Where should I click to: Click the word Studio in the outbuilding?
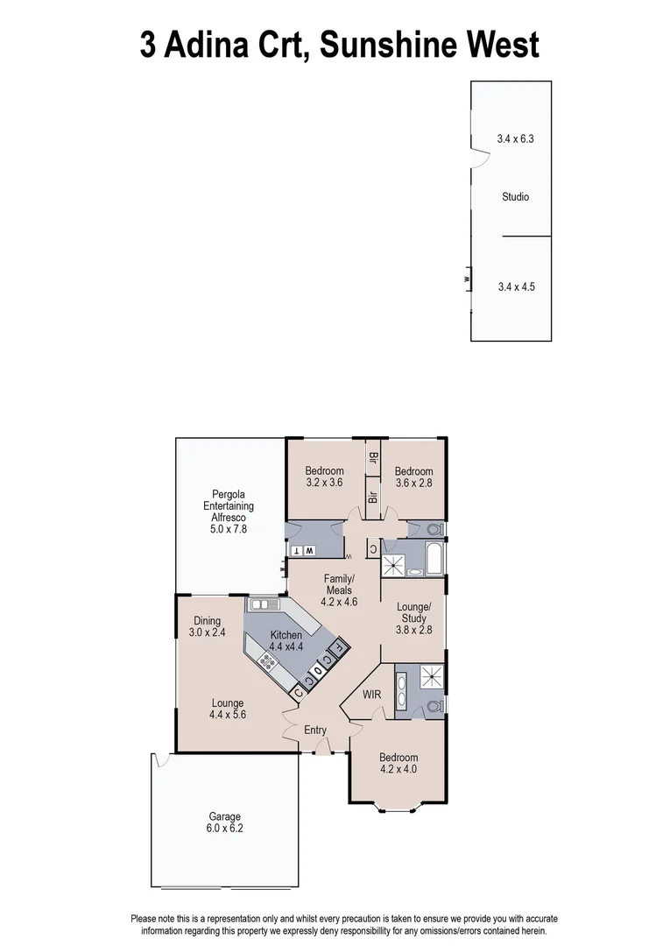tap(515, 197)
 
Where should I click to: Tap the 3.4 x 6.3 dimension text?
tap(515, 138)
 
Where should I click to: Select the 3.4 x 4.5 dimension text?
tap(515, 286)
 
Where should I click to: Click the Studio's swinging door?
tap(479, 157)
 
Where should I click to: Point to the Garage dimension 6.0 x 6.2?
tap(225, 828)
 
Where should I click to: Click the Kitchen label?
tap(286, 635)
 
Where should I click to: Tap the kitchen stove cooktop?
tap(268, 661)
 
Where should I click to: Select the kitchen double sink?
tap(263, 604)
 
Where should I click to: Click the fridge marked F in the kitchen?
tap(339, 650)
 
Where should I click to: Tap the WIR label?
tap(372, 695)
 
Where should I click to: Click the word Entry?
tap(315, 731)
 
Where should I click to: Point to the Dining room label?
tap(208, 621)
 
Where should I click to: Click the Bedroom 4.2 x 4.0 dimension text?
tap(398, 770)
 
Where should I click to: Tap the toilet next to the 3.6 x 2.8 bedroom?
tap(434, 530)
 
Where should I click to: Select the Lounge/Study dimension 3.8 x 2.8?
tap(413, 629)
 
